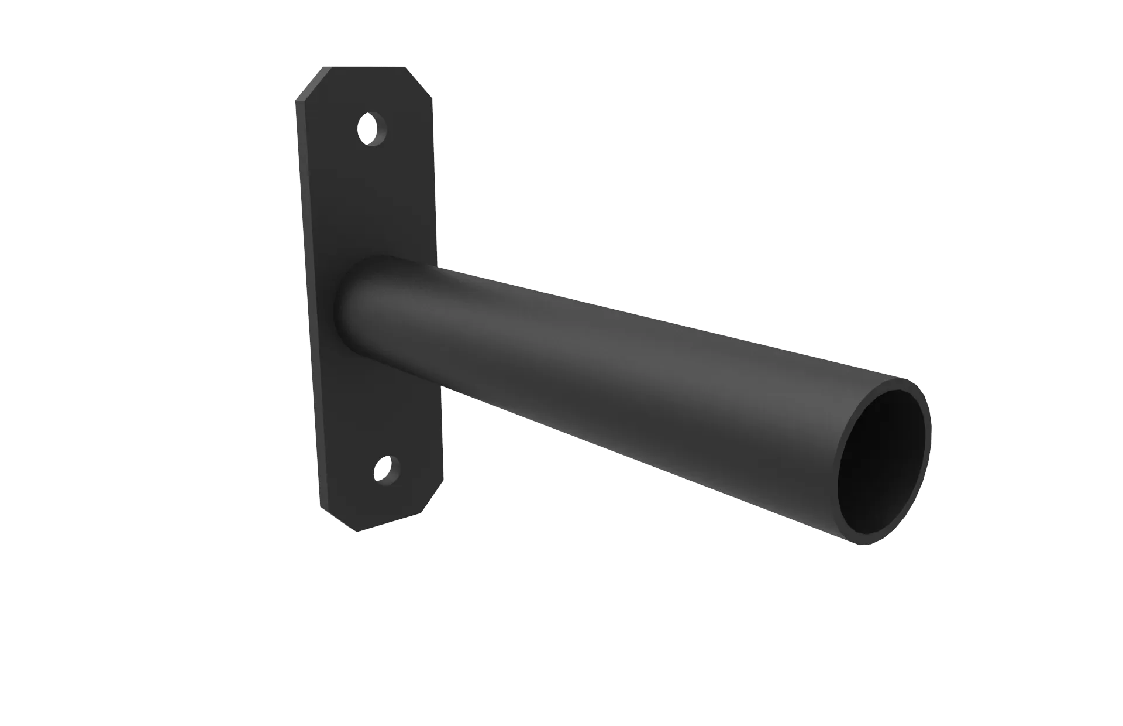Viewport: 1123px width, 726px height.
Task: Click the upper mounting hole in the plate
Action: coord(367,127)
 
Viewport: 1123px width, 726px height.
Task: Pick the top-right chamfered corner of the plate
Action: coord(421,80)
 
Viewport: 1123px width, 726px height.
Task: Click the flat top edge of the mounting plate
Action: coord(366,67)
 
